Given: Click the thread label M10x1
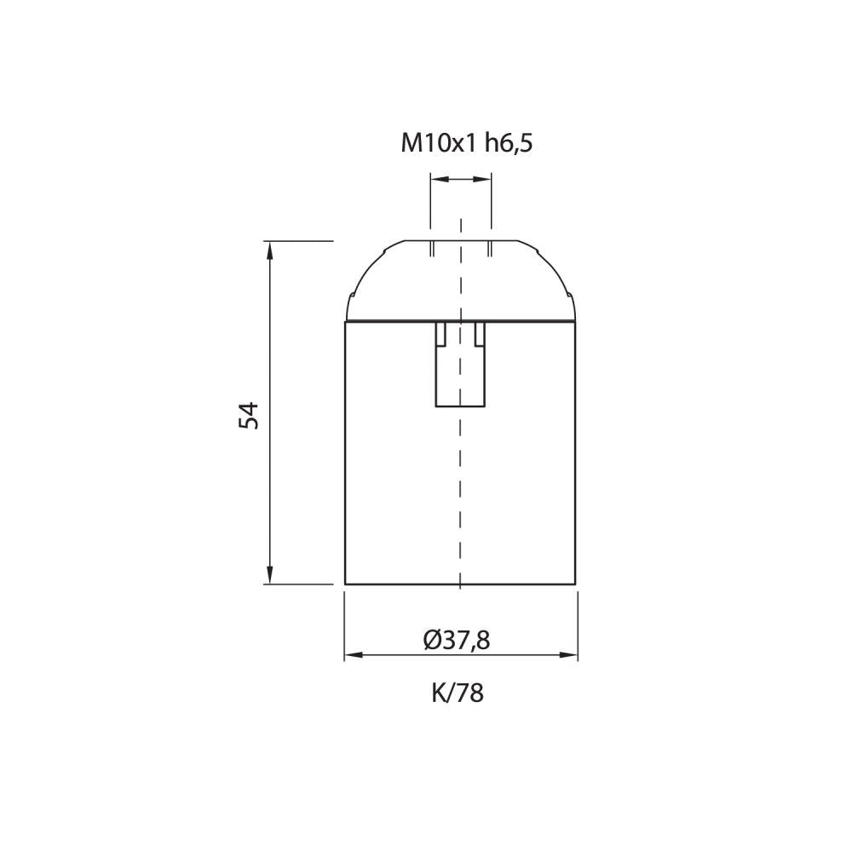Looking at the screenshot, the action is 438,143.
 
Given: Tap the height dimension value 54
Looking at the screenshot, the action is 249,415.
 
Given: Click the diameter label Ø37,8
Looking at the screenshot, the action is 457,640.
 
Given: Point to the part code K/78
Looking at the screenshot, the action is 458,693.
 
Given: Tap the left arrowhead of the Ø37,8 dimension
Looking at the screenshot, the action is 354,655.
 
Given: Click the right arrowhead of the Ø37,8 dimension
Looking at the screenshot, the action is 567,655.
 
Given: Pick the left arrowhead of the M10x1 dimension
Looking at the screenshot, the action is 440,179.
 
